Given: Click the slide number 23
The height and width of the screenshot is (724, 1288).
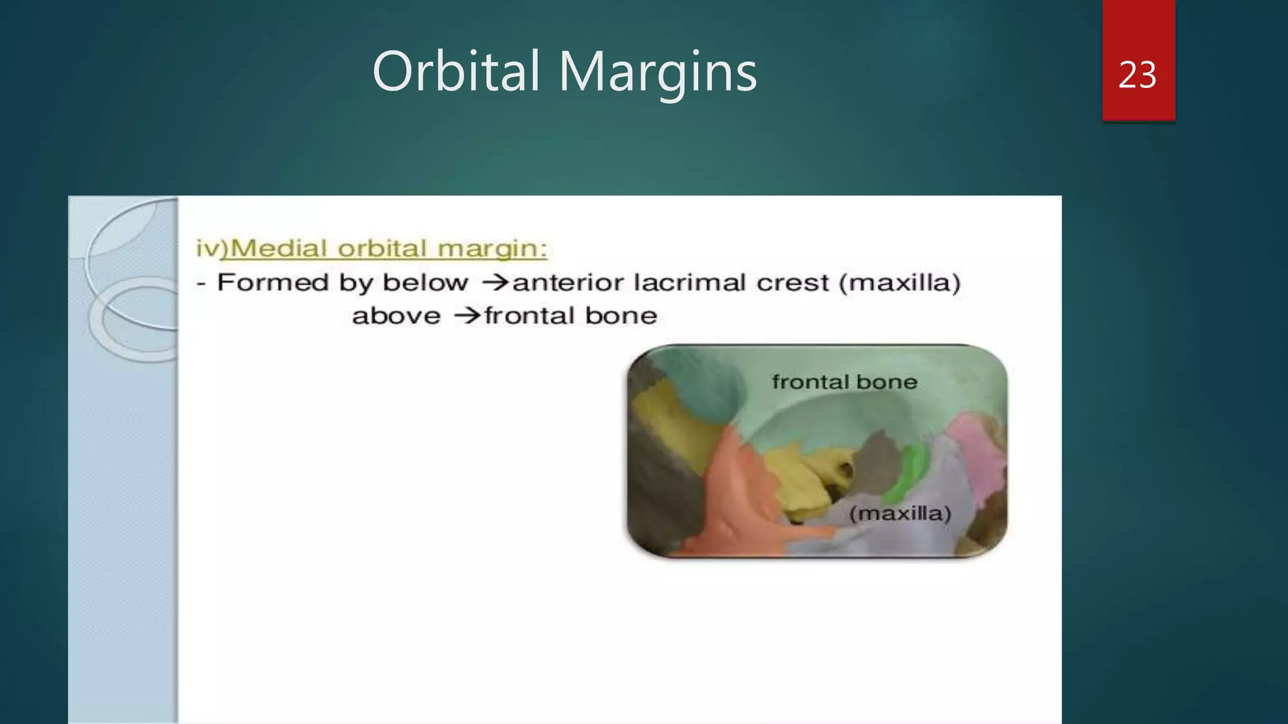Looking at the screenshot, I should point(1137,75).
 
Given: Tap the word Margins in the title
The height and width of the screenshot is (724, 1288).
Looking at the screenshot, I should point(658,74).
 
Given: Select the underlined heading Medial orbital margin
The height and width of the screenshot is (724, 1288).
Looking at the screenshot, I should point(388,249).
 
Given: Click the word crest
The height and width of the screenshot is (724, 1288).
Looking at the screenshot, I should point(792,283).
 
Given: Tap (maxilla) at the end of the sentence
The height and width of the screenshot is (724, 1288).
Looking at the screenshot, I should point(899,283).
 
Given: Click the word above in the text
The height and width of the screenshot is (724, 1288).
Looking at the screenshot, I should point(396,315).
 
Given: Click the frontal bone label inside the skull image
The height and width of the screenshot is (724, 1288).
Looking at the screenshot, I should point(844,382).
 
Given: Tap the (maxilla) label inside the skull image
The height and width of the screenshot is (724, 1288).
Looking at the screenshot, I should point(899,513).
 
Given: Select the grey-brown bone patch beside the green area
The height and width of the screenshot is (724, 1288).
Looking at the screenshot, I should point(877,465).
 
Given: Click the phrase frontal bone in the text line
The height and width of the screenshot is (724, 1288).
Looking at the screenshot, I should point(570,315).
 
